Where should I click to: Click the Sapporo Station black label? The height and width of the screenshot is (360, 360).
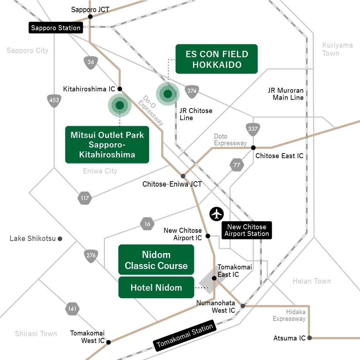click(x=56, y=28)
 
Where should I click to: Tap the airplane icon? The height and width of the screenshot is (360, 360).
click(x=217, y=214)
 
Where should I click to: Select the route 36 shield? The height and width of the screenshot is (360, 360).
click(x=91, y=62)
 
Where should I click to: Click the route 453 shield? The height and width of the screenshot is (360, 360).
click(x=54, y=101)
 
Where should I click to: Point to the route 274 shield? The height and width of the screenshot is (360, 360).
click(x=192, y=91)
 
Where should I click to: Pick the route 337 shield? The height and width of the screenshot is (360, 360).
click(x=253, y=129)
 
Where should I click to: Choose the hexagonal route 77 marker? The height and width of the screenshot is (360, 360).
click(x=237, y=165)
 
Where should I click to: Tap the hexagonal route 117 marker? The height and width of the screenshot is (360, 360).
click(x=85, y=198)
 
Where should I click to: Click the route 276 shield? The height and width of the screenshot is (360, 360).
click(x=91, y=255)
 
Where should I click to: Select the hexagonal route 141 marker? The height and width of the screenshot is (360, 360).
click(x=72, y=309)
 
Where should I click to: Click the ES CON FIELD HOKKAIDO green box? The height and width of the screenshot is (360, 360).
click(x=216, y=59)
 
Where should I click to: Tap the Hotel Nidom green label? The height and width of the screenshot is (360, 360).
click(x=156, y=288)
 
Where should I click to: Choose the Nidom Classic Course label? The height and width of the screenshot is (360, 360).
click(x=156, y=260)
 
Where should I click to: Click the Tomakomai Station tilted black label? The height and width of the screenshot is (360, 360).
click(x=185, y=335)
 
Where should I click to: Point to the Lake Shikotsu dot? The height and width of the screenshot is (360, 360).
click(x=60, y=239)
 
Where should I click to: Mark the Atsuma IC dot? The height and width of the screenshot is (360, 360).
click(x=309, y=338)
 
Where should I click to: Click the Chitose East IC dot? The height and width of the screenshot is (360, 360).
click(x=253, y=147)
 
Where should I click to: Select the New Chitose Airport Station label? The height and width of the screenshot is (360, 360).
click(x=247, y=230)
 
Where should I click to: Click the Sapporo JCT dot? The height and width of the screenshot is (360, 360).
click(x=90, y=17)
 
